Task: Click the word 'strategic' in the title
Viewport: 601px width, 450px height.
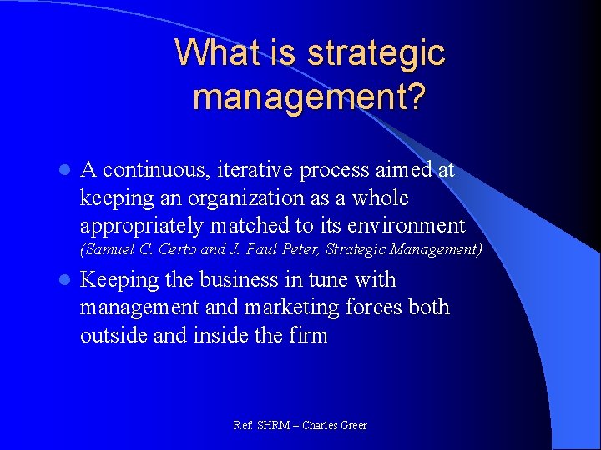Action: pos(376,54)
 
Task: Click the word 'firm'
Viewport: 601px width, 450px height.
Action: pos(309,335)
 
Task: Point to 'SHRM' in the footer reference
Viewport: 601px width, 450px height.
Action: pos(272,425)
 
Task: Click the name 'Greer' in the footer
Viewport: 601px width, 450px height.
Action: pos(351,425)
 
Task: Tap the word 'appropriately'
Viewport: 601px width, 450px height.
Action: pos(143,226)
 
